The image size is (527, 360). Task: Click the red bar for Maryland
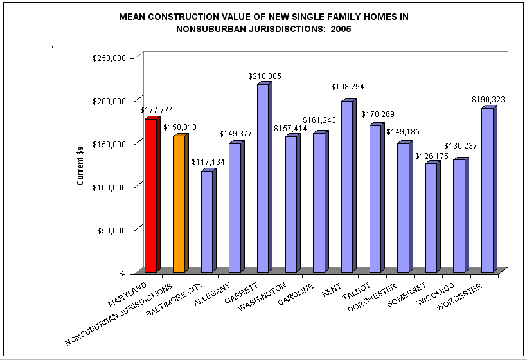[x=150, y=195]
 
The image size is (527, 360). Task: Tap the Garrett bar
[x=263, y=178]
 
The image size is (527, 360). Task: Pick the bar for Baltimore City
[x=206, y=221]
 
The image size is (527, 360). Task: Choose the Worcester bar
[x=487, y=190]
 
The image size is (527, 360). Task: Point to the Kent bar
[x=347, y=186]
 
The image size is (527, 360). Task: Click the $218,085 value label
[x=265, y=76]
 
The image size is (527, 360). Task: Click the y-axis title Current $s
[x=80, y=165]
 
